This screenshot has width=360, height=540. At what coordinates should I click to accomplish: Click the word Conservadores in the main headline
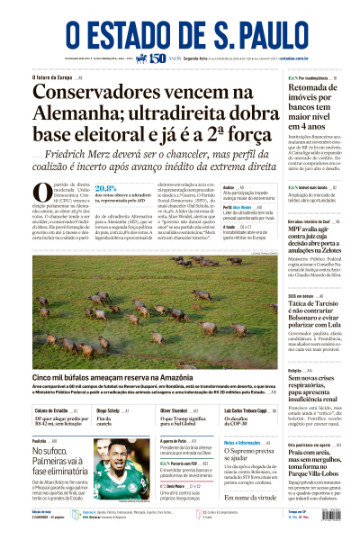(x=97, y=93)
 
